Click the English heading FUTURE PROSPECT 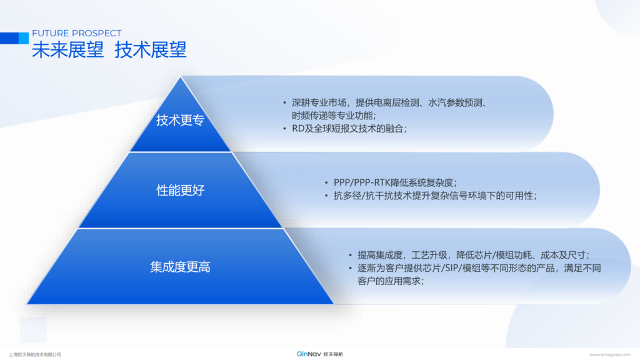tap(77, 33)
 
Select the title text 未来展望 tap(67, 50)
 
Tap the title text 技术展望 tap(151, 50)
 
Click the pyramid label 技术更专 tap(180, 120)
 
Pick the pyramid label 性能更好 tap(181, 190)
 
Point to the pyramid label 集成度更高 tap(180, 267)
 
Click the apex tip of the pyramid tap(181, 77)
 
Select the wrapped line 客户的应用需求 tap(391, 281)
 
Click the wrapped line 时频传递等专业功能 tap(334, 116)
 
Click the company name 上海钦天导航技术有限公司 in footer tap(35, 355)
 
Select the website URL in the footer tap(610, 355)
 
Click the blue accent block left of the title tap(14, 38)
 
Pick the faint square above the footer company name tap(33, 330)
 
